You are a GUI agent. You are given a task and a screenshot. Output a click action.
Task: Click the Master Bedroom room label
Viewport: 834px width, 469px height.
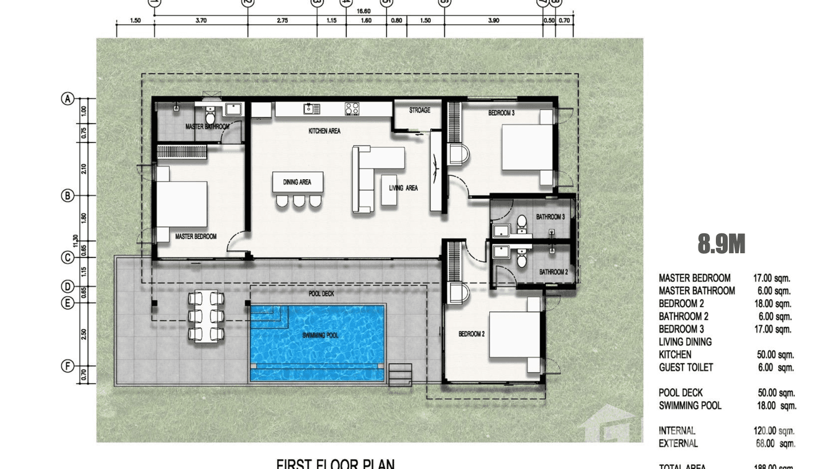[195, 237]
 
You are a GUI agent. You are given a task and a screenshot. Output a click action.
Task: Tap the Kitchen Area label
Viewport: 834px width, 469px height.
[324, 131]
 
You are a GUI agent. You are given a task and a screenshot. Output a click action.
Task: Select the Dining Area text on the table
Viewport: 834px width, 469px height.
[297, 182]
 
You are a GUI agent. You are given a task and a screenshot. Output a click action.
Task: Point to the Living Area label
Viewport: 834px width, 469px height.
[403, 188]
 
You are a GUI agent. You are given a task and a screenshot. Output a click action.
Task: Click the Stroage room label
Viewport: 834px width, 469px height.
[419, 111]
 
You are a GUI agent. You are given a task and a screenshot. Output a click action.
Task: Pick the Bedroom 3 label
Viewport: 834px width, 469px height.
[501, 113]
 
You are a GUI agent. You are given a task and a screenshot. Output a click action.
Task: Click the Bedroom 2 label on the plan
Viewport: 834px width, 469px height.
[471, 334]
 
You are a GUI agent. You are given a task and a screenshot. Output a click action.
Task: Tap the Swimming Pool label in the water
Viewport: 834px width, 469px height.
[320, 335]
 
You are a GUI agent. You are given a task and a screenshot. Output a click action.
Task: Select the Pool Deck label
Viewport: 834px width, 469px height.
[321, 294]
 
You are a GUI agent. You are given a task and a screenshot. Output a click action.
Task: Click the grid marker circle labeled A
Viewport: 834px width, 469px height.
[68, 99]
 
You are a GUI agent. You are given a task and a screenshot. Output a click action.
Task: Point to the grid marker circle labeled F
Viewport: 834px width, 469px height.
[68, 366]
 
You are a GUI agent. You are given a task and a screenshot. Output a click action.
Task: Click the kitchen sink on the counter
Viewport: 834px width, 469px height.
[311, 109]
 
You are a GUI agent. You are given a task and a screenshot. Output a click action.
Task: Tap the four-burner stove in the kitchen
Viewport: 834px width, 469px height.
[352, 109]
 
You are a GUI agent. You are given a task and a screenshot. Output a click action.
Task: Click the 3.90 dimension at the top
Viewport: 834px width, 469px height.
[493, 21]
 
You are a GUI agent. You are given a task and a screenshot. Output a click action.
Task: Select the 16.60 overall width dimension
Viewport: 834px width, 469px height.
[364, 11]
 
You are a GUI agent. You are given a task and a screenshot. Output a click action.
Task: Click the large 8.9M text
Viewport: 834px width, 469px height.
[721, 244]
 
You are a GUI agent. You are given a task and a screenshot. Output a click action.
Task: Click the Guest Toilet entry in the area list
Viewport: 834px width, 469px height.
[686, 368]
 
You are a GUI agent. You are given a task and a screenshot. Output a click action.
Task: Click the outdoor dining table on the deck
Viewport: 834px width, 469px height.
[206, 316]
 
